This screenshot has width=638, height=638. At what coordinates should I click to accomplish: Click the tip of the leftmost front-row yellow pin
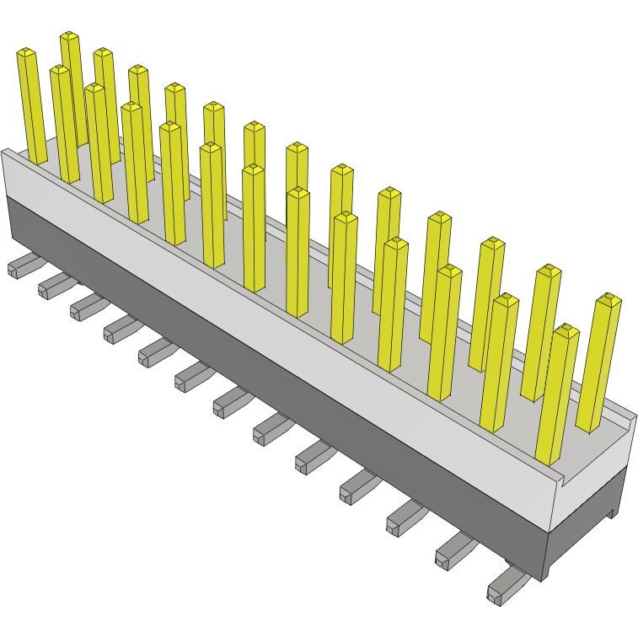click(x=26, y=53)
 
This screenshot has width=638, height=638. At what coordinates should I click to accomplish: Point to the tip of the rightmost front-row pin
click(x=566, y=330)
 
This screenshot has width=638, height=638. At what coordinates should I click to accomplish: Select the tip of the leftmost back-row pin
click(x=69, y=36)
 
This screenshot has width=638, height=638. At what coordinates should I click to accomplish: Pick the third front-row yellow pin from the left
click(x=98, y=143)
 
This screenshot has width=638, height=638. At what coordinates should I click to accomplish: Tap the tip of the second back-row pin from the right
click(x=549, y=270)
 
